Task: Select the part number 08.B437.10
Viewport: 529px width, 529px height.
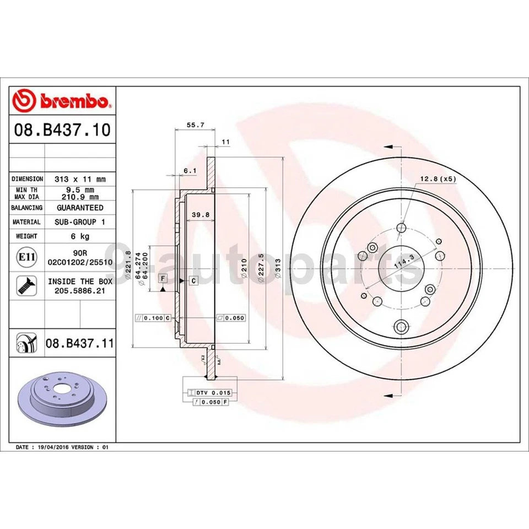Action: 62,131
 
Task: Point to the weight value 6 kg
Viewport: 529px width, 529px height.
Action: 80,236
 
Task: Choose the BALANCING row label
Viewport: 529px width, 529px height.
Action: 26,208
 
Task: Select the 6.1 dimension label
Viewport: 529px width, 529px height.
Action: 190,171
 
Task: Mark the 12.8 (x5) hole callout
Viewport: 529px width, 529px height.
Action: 438,178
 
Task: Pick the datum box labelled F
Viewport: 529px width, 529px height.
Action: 163,279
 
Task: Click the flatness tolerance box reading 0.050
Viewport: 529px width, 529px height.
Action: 231,318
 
